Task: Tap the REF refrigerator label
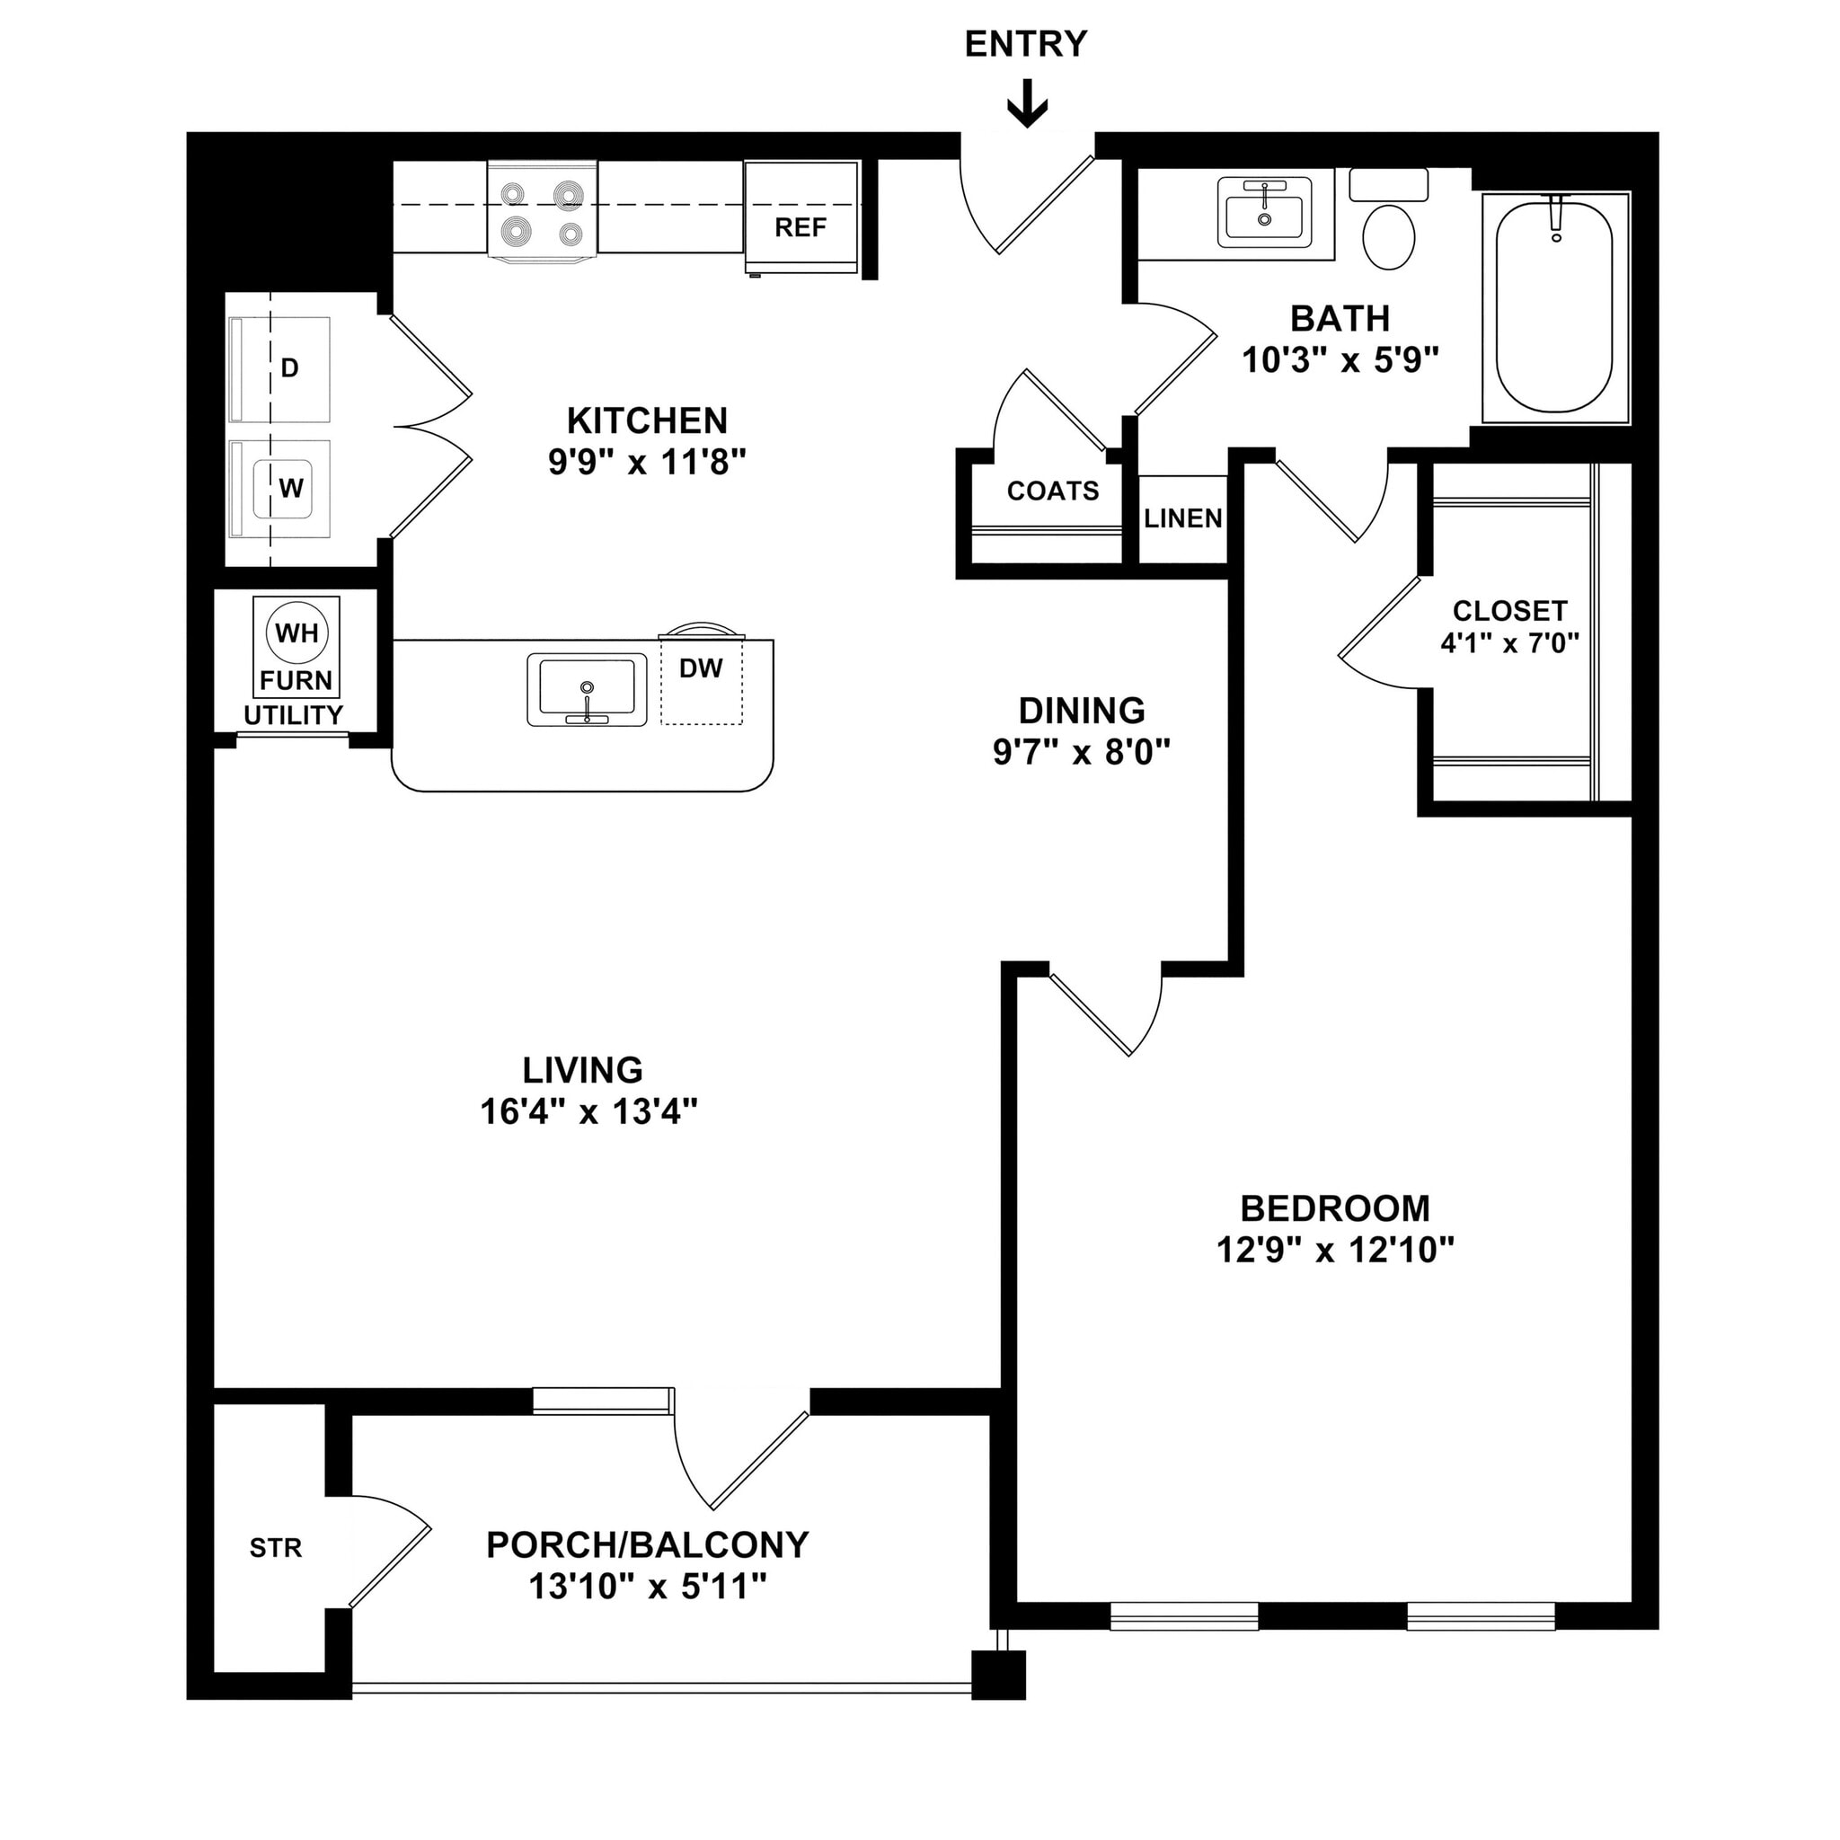[x=800, y=227]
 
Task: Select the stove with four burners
[x=542, y=209]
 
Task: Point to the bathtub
[x=1554, y=306]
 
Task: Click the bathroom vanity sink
[x=1265, y=212]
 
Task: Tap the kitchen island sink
[x=587, y=688]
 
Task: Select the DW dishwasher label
[x=701, y=668]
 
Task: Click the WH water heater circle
[x=297, y=632]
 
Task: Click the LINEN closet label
[x=1183, y=519]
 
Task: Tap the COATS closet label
[x=1052, y=491]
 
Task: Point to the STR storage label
[x=275, y=1549]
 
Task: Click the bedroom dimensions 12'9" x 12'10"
[x=1335, y=1251]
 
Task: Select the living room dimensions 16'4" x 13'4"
[x=588, y=1112]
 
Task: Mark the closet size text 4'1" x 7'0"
[x=1509, y=644]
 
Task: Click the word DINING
[x=1082, y=712]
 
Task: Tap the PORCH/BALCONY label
[x=648, y=1544]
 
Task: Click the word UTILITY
[x=293, y=715]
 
